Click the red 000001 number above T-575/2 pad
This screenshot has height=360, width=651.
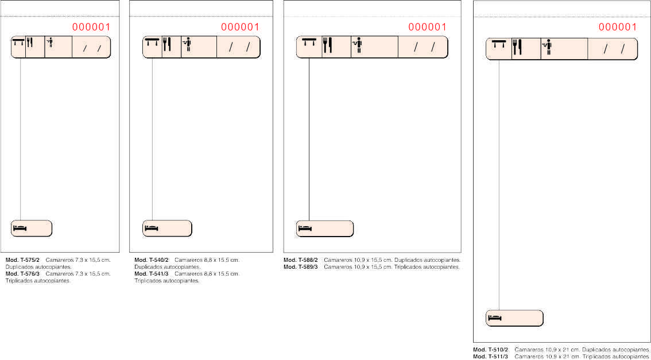[x=91, y=27]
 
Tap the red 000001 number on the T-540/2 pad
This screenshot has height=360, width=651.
[x=240, y=27]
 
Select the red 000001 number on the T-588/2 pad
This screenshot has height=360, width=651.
[x=427, y=27]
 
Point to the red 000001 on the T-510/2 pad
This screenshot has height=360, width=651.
[x=617, y=27]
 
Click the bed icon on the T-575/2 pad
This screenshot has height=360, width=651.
[x=20, y=229]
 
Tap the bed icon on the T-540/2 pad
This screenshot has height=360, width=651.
[x=152, y=229]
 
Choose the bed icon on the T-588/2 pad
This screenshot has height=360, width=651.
[x=305, y=229]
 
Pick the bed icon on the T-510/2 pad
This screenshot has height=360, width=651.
[x=495, y=318]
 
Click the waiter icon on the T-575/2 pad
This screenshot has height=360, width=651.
[x=51, y=42]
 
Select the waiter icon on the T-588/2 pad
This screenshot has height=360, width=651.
[x=357, y=45]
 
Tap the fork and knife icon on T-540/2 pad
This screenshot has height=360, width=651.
[x=167, y=44]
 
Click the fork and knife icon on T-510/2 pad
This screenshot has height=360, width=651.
[x=517, y=47]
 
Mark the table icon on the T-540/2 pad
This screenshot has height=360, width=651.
[x=152, y=42]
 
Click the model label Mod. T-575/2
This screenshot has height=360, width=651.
[x=22, y=260]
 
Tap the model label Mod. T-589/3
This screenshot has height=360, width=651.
[x=301, y=267]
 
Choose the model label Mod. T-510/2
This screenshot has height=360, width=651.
[x=491, y=350]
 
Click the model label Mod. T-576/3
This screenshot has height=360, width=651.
[x=22, y=274]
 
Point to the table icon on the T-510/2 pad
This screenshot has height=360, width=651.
[x=499, y=44]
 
